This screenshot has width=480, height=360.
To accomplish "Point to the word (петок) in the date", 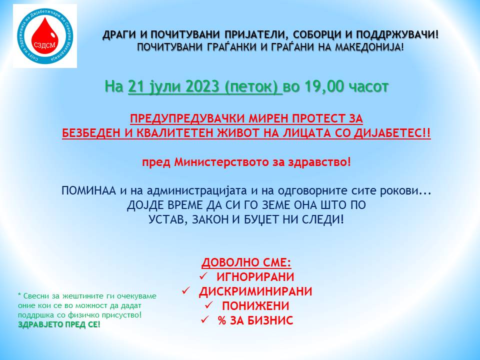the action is pos(253,87).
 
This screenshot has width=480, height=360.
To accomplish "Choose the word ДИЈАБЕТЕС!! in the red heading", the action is pos(392,133).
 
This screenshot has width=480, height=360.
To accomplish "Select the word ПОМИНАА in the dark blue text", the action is pos(89,190).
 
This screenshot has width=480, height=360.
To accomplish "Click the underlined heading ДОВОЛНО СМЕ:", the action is pos(246,262).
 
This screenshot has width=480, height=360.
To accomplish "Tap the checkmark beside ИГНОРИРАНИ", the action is pos(203,276).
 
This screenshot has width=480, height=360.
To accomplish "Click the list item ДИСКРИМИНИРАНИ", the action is pos(255,291).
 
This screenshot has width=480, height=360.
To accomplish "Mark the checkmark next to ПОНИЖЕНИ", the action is pos(209,305).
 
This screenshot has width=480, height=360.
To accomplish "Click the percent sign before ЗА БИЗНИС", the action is pos(222,320).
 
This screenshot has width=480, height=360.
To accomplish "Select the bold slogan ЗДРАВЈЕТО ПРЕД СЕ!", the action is pos(59,324).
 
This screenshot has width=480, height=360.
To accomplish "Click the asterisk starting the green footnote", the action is pos(19,295).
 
